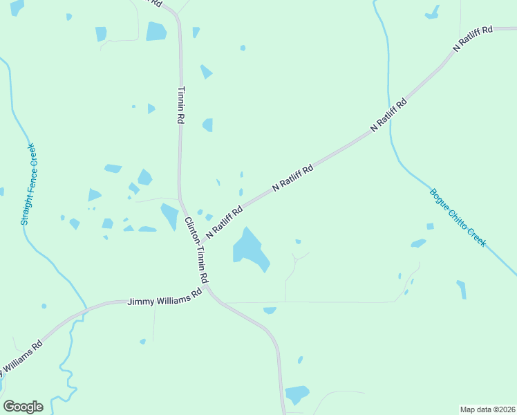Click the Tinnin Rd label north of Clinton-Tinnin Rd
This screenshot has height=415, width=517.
tap(181, 105)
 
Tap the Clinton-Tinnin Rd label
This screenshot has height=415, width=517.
tap(196, 250)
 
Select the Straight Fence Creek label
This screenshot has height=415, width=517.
tap(28, 185)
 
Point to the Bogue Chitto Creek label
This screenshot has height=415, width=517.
tap(458, 218)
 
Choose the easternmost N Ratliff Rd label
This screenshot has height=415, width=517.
tap(473, 38)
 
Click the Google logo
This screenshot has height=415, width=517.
tap(23, 407)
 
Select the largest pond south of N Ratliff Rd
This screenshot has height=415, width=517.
tap(250, 250)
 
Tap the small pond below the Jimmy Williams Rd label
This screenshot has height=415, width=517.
tap(142, 341)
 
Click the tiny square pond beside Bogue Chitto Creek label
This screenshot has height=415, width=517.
tap(430, 226)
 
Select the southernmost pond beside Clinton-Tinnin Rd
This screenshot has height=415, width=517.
tap(297, 394)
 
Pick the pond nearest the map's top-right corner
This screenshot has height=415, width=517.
tap(432, 12)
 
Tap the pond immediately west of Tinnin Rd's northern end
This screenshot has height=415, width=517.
tap(156, 32)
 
